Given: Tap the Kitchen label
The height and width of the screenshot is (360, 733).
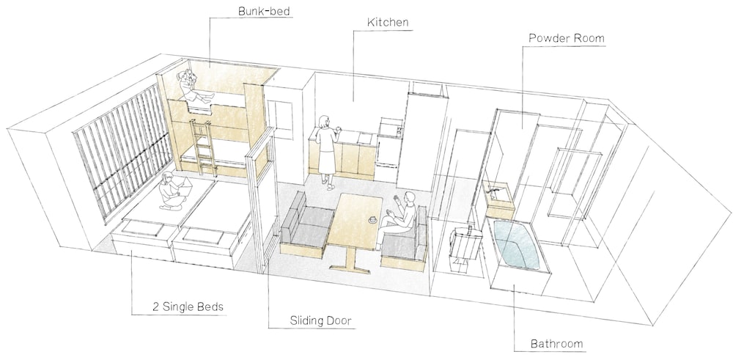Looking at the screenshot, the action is click(388, 22).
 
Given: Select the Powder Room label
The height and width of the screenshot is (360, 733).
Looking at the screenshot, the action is click(566, 38).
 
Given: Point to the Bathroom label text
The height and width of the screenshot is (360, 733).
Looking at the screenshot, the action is click(557, 345).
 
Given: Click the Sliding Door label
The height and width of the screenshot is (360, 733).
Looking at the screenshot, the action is click(320, 320).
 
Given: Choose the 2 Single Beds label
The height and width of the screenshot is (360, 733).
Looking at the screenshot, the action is click(188, 307).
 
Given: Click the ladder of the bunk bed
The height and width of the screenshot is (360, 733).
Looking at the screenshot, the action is click(203, 147).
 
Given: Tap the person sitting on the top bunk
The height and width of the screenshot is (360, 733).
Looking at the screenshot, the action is click(193, 87).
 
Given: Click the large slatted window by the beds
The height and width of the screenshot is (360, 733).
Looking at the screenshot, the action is click(123, 149).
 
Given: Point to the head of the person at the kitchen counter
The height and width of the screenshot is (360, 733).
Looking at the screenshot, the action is click(323, 122).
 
